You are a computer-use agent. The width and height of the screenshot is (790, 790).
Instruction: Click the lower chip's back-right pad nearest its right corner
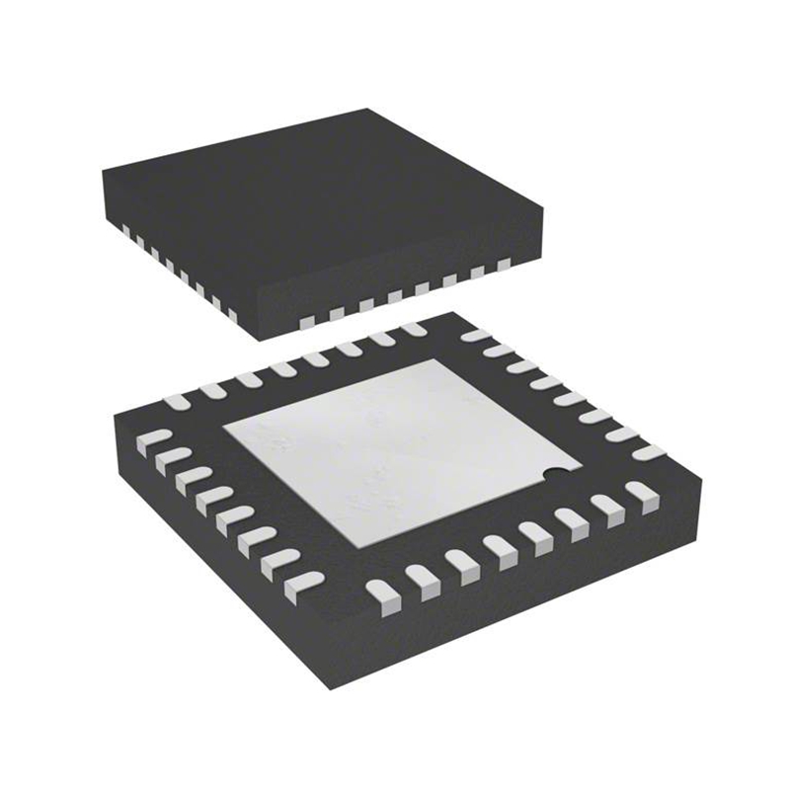point(646,452)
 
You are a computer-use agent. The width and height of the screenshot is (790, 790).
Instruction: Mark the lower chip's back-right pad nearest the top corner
point(476,336)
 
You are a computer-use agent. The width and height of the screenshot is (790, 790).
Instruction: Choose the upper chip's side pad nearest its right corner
point(505,265)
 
